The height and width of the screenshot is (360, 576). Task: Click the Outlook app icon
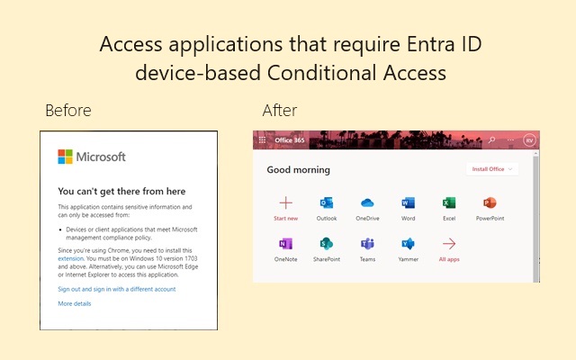(327, 203)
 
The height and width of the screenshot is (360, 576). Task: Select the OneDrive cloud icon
(367, 203)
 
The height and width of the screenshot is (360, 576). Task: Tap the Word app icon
(408, 203)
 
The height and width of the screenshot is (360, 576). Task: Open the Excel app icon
(449, 203)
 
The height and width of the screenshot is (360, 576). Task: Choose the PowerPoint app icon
(490, 203)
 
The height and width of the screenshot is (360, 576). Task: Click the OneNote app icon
(285, 244)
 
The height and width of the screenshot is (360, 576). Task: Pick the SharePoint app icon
(327, 244)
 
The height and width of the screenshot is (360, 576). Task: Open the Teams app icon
(367, 244)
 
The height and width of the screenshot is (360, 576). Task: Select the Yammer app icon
(408, 244)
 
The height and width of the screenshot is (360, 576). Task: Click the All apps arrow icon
(449, 244)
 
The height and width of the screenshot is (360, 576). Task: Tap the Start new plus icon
(285, 203)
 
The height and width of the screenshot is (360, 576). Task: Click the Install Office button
(491, 169)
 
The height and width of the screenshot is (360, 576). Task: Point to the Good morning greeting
(299, 170)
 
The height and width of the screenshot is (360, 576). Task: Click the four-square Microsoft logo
(65, 157)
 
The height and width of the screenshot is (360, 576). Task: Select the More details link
(75, 303)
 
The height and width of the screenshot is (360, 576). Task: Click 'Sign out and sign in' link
(117, 289)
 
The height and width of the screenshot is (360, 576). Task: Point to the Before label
(67, 111)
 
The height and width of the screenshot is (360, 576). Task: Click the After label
(279, 111)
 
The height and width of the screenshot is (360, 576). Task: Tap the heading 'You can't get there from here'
(121, 191)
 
